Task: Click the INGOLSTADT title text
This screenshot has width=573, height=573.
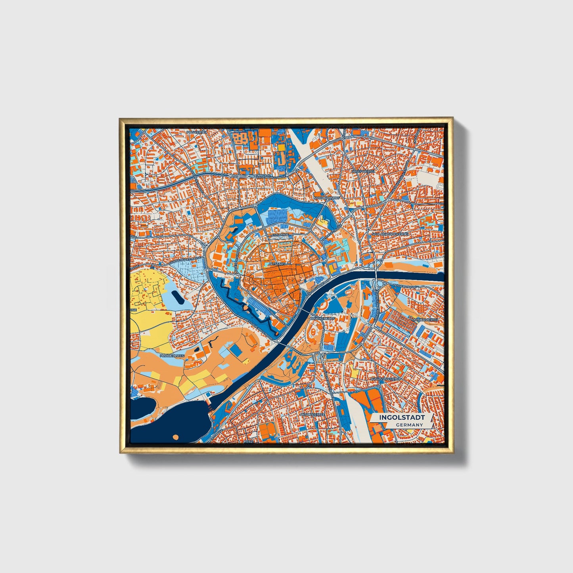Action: point(402,418)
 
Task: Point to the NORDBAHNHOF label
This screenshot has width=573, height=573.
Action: point(327,197)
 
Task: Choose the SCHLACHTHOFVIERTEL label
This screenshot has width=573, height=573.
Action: point(390,234)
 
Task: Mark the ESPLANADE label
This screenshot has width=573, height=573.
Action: point(280,234)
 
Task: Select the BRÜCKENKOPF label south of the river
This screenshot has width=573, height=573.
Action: point(320,318)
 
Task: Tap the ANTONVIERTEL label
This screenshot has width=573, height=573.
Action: point(312,414)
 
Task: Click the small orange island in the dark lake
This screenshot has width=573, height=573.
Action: point(176,437)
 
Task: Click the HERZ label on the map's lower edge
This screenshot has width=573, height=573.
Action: point(248,441)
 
